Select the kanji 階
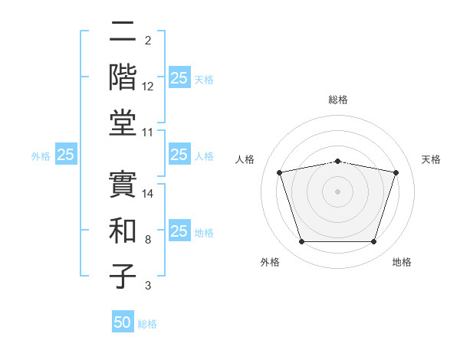(123, 77)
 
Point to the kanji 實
(123, 184)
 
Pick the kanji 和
(123, 230)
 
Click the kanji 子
(123, 276)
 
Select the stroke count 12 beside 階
(148, 87)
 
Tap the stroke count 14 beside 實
(148, 194)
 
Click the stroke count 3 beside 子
(147, 286)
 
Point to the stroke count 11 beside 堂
(148, 133)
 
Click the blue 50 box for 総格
(123, 322)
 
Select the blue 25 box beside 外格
(65, 155)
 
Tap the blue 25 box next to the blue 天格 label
(179, 78)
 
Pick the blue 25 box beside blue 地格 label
(179, 231)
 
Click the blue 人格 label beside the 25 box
(204, 155)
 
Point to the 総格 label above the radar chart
(338, 100)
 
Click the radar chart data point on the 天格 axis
(396, 173)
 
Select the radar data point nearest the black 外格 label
(301, 242)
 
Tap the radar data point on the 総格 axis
(338, 161)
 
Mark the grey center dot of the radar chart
(338, 191)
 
